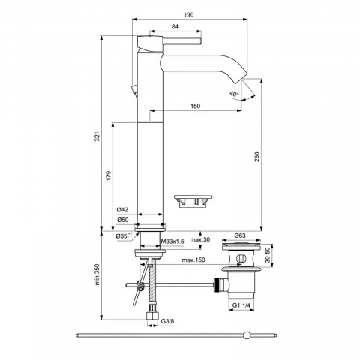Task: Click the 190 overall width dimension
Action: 188,15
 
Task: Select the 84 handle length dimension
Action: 175,26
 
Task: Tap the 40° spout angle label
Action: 234,94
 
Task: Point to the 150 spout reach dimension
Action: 195,106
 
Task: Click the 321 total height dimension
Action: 97,136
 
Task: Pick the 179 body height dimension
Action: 108,176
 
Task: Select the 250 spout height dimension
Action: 257,157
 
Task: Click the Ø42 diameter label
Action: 122,210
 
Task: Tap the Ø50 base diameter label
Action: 122,220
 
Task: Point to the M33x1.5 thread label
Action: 172,241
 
